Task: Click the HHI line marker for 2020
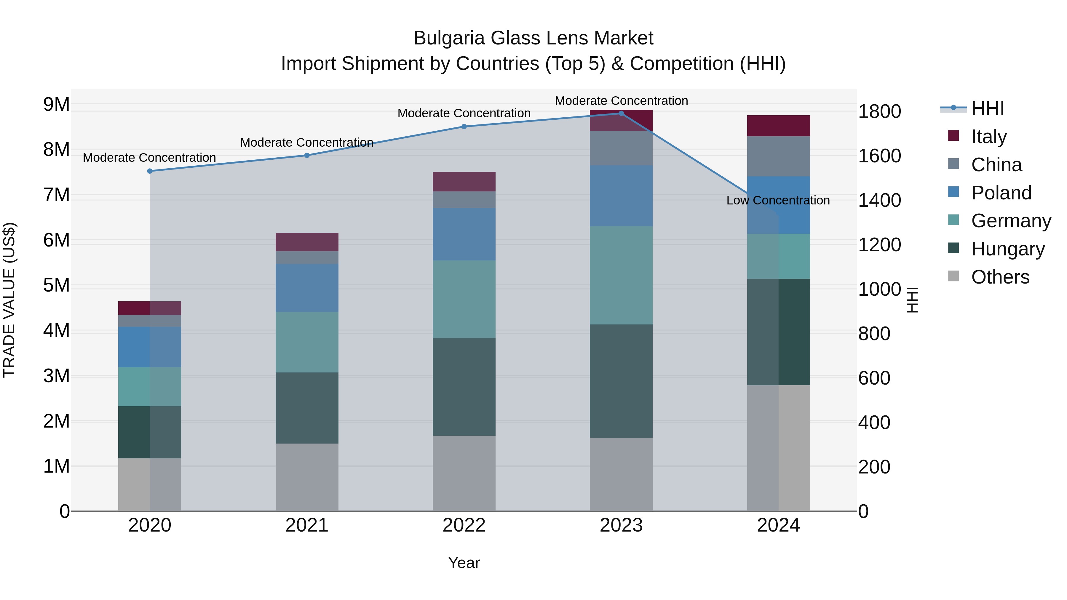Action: click(x=150, y=171)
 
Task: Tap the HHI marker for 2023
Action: click(x=621, y=113)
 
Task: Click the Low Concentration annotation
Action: click(x=778, y=200)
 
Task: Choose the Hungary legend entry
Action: click(x=1007, y=249)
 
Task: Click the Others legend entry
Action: click(x=1000, y=277)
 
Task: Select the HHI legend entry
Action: click(x=988, y=108)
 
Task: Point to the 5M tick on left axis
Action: click(x=56, y=285)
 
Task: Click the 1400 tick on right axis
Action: click(x=879, y=200)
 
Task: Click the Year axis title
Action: click(x=464, y=563)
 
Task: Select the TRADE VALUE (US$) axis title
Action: click(x=9, y=300)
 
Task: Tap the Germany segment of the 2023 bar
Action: click(x=621, y=275)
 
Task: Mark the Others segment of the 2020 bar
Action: click(x=150, y=484)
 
